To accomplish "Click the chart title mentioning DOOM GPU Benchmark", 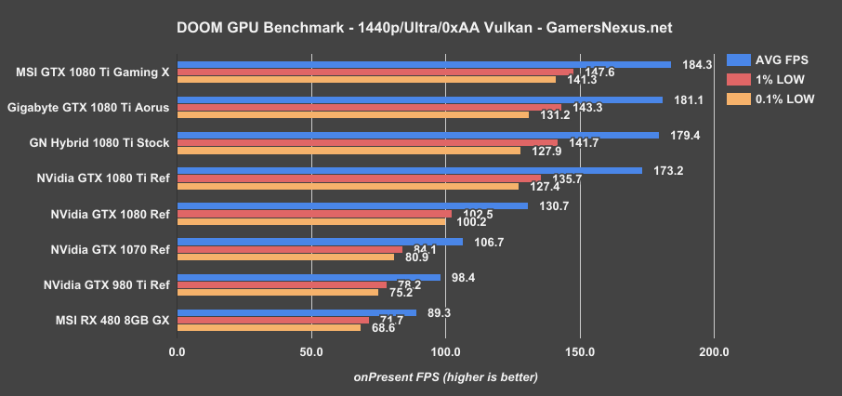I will click(x=420, y=28).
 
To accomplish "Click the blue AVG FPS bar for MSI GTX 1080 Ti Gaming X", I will click(x=423, y=64).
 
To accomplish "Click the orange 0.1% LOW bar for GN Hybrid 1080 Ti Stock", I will click(x=348, y=151).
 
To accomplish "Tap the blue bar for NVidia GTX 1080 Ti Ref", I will click(x=409, y=170).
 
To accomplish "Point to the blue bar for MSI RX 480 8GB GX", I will click(x=296, y=312).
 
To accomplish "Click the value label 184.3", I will click(x=696, y=64).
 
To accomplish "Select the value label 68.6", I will click(x=384, y=328).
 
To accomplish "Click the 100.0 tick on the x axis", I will click(x=445, y=352).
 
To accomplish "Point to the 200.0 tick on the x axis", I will click(x=714, y=352).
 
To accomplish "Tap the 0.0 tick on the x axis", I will click(x=177, y=352).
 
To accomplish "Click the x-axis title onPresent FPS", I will click(x=445, y=376).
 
